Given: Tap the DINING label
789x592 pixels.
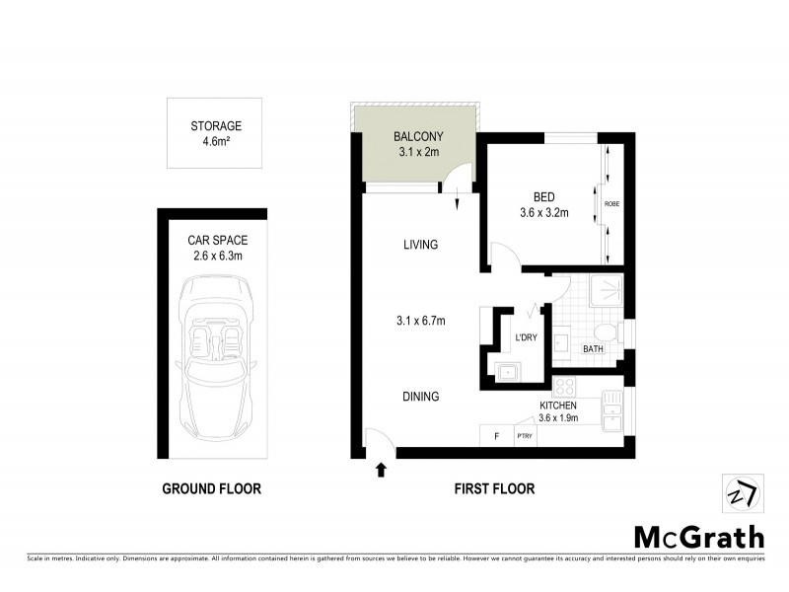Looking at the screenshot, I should click(x=419, y=397).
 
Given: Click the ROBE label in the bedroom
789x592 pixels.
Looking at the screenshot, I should click(x=611, y=204).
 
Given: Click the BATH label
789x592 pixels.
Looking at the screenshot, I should click(x=593, y=348).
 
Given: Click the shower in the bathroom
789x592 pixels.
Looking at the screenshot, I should click(x=601, y=290).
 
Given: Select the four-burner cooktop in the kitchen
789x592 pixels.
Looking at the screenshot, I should click(x=569, y=386).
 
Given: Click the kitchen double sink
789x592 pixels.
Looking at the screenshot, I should click(x=613, y=412).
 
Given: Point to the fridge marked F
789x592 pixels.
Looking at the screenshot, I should click(x=496, y=435).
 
